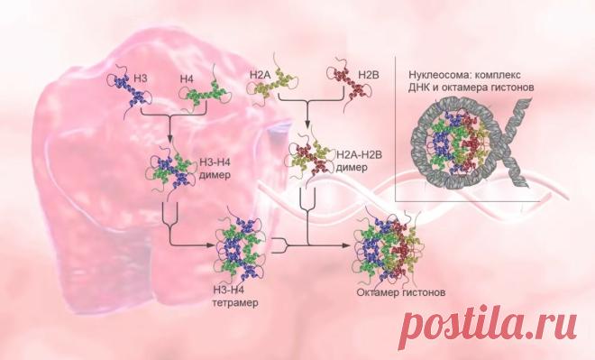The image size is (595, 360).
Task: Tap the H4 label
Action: point(187,79)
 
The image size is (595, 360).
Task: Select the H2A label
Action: point(259,75)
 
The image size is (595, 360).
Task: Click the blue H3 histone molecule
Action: point(130,90)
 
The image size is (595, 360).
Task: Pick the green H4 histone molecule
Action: point(205,91)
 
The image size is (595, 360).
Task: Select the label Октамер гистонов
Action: point(400,293)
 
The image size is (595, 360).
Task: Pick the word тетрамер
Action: point(235,303)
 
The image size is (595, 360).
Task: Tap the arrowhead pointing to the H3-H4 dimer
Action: point(170,137)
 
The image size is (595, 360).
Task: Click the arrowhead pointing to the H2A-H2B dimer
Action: point(307,126)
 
